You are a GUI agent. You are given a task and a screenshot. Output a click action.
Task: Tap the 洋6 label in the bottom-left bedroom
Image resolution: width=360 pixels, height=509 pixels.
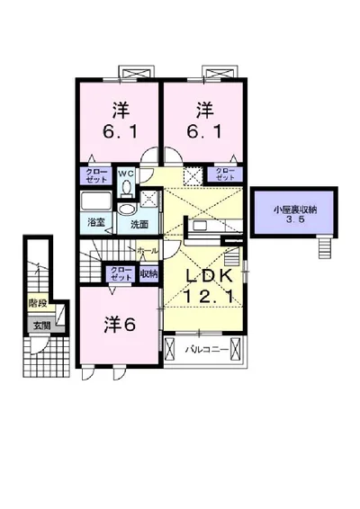pos(117,324)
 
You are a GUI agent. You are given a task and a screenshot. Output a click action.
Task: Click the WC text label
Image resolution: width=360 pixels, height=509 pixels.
pos(126,171)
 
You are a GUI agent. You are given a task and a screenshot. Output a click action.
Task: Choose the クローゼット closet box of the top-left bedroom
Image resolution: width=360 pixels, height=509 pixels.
pos(94,175)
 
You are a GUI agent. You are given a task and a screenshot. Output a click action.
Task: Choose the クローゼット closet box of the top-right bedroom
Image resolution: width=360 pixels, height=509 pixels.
pos(223,174)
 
